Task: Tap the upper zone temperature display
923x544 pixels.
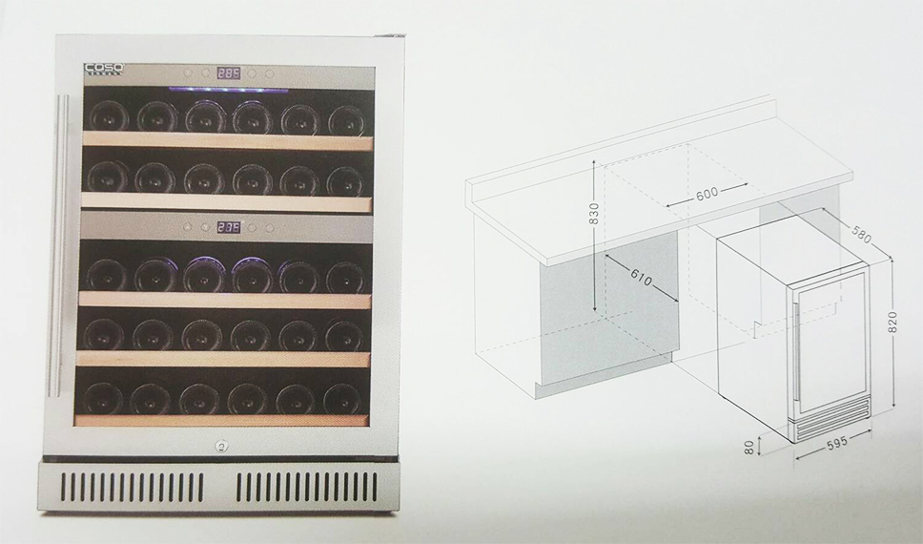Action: click(x=229, y=73)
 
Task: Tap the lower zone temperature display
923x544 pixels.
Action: click(x=229, y=227)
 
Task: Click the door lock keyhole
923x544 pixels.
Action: click(x=221, y=448)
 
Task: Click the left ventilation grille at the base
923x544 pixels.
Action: click(x=133, y=487)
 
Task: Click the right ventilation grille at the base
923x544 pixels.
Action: click(x=307, y=487)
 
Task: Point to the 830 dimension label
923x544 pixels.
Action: click(x=594, y=214)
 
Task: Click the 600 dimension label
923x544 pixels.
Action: click(x=707, y=193)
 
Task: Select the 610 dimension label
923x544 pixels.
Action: click(x=641, y=277)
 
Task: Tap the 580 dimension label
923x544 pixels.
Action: click(x=861, y=235)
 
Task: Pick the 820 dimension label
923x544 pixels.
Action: click(x=894, y=323)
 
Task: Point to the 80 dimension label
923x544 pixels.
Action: click(x=749, y=448)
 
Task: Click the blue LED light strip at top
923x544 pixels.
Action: click(x=229, y=90)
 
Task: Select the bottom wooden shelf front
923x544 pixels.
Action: click(x=221, y=420)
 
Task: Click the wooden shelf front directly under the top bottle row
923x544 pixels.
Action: click(x=227, y=141)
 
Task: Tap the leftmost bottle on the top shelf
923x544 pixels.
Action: click(x=108, y=115)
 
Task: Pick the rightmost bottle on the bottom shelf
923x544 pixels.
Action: click(x=342, y=400)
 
